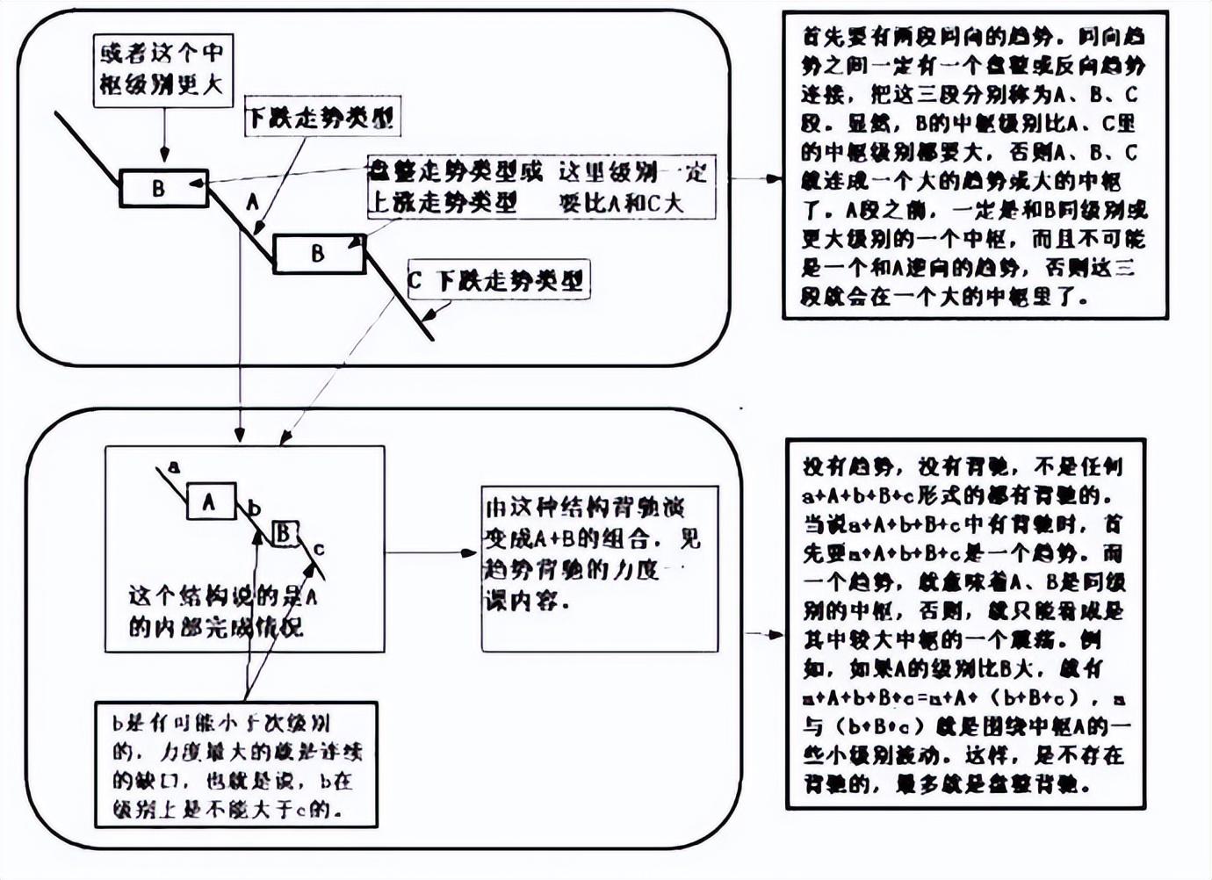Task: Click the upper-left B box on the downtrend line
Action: coord(163,188)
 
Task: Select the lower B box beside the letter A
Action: coord(319,253)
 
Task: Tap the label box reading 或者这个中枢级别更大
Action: coord(162,69)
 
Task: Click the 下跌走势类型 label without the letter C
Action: coord(321,117)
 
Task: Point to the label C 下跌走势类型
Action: coord(497,280)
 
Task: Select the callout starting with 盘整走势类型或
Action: coord(539,187)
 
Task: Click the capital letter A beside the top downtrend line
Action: coord(252,203)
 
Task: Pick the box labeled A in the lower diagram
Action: coord(210,501)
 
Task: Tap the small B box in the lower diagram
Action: coord(284,532)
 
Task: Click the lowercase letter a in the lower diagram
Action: coord(174,467)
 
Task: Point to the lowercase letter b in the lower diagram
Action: coord(255,509)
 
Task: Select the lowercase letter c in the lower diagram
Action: coord(319,550)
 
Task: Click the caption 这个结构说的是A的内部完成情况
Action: coord(223,612)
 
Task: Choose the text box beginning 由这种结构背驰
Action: coord(599,568)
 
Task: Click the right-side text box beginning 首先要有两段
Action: coord(975,165)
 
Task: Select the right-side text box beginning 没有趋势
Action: coord(964,624)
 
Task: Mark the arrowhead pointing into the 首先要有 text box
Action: coord(773,178)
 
